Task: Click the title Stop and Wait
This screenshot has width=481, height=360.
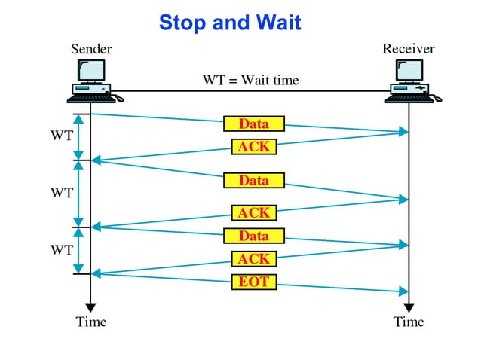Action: click(x=229, y=23)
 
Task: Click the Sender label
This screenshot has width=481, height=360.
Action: click(x=91, y=50)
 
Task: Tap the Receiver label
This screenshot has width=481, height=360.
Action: click(x=408, y=49)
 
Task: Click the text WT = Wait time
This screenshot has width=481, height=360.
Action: click(x=250, y=80)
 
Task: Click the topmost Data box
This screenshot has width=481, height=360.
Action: click(x=253, y=124)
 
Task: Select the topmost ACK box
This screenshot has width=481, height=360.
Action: click(x=253, y=147)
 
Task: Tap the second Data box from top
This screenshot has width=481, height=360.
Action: click(x=253, y=181)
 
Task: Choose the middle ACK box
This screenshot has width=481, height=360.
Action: click(x=253, y=213)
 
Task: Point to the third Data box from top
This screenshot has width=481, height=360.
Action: click(x=253, y=236)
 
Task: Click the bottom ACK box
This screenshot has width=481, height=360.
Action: click(x=253, y=259)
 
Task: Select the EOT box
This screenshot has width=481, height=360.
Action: click(x=253, y=282)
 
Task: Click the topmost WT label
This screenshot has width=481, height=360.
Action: click(x=62, y=136)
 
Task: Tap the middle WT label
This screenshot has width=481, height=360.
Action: click(x=62, y=193)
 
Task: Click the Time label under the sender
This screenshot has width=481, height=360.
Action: click(x=91, y=322)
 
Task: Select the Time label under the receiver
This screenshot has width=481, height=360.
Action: click(x=409, y=322)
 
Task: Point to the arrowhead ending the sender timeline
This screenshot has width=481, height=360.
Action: click(x=90, y=307)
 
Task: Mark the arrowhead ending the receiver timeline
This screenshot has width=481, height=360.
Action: click(x=409, y=307)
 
